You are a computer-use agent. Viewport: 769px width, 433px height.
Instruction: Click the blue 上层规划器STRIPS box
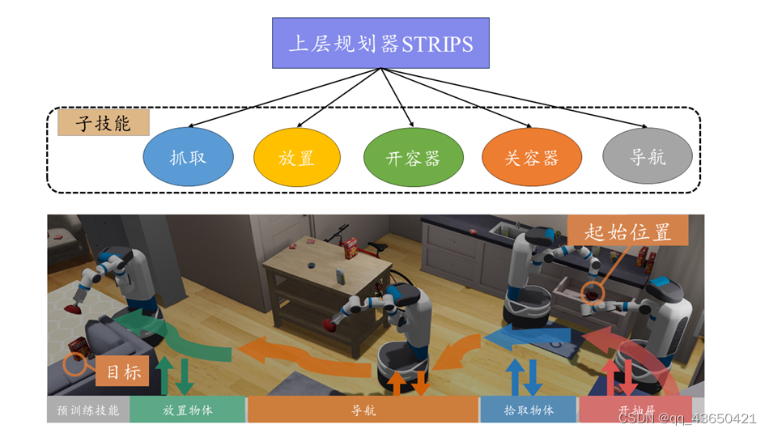pyautogui.click(x=381, y=42)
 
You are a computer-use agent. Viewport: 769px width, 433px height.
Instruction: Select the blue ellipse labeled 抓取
pyautogui.click(x=188, y=157)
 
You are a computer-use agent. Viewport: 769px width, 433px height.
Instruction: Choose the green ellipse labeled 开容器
pyautogui.click(x=413, y=157)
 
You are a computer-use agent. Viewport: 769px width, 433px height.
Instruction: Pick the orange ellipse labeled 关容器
pyautogui.click(x=532, y=157)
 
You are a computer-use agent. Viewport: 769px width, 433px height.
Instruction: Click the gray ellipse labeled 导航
pyautogui.click(x=648, y=156)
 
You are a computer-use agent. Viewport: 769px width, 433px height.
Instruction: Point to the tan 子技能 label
pyautogui.click(x=104, y=123)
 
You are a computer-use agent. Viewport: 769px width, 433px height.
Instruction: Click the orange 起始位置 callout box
pyautogui.click(x=628, y=231)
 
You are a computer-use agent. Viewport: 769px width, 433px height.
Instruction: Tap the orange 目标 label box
pyautogui.click(x=124, y=372)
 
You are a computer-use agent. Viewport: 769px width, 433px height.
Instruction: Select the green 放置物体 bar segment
pyautogui.click(x=187, y=410)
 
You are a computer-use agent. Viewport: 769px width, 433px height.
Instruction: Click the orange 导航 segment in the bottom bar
pyautogui.click(x=363, y=410)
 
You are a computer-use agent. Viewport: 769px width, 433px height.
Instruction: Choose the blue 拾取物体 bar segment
pyautogui.click(x=529, y=410)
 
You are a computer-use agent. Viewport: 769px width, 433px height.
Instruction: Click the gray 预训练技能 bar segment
pyautogui.click(x=88, y=410)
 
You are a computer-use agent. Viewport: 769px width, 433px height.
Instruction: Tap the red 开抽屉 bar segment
pyautogui.click(x=635, y=409)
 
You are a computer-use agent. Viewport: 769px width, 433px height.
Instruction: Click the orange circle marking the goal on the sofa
pyautogui.click(x=75, y=363)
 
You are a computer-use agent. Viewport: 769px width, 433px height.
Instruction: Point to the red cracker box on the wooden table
pyautogui.click(x=349, y=247)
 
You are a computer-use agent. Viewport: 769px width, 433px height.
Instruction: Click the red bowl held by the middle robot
pyautogui.click(x=329, y=325)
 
